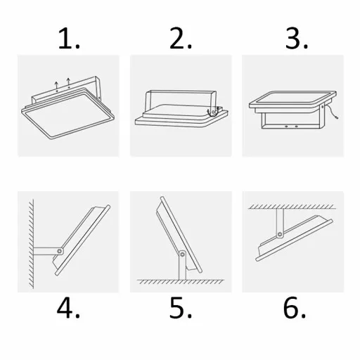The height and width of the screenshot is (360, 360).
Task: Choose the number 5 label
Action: pos(180,307)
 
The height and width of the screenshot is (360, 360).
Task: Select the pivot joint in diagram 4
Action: pos(61,250)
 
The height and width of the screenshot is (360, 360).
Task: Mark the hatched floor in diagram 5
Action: pos(180,282)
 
